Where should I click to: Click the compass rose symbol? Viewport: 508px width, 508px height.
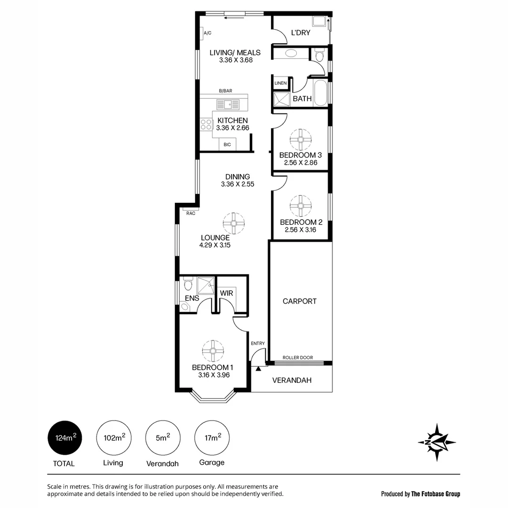(437, 442)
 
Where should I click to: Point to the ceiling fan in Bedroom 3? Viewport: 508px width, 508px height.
(301, 139)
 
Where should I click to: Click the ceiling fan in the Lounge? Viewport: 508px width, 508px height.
(234, 223)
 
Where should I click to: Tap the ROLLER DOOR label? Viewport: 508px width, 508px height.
(297, 358)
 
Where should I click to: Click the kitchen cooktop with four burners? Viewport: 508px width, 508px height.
(206, 124)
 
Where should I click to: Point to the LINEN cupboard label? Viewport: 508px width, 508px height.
(280, 83)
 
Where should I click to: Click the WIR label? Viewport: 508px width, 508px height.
(226, 293)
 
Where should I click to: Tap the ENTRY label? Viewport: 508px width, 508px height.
(258, 343)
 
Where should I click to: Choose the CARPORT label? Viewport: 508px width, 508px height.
(300, 301)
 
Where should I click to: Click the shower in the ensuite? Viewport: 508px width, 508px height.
(205, 285)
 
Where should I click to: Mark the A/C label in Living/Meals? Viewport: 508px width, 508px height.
(207, 33)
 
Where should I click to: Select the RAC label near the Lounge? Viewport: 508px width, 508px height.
(190, 213)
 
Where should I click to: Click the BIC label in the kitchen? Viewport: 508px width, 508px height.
(227, 144)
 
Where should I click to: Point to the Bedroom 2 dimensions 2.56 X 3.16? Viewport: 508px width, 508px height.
(300, 230)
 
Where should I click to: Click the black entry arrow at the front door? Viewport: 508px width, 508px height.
(258, 369)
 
